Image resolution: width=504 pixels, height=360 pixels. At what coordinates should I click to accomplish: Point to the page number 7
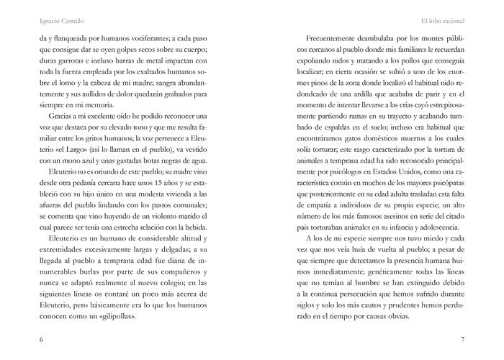462,340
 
